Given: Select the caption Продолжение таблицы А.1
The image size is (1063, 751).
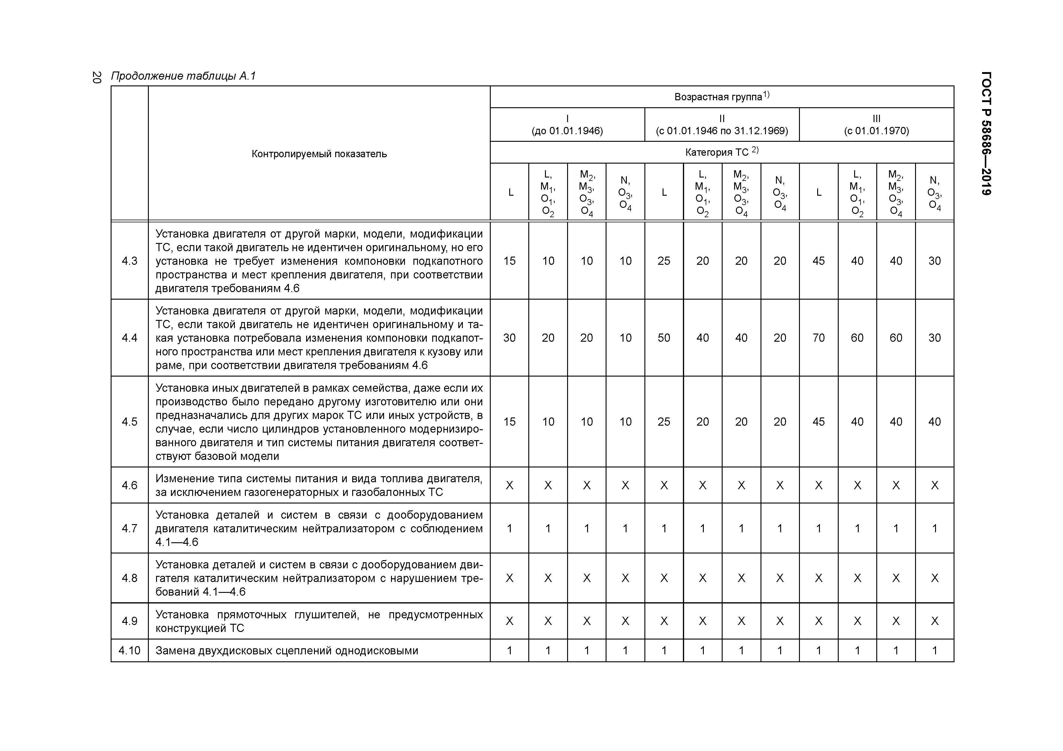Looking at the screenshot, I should coord(183,76).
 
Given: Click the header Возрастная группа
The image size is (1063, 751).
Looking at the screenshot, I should coord(721,97).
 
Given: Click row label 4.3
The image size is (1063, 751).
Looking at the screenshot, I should coord(130,261).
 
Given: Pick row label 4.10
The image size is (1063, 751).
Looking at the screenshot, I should coord(130,651).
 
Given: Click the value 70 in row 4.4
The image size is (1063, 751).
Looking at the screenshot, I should coord(819,338).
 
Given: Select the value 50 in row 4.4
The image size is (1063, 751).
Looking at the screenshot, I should coord(664,338).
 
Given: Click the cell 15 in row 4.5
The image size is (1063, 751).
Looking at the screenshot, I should coord(509,421).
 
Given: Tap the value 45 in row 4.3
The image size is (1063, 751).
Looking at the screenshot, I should coord(819,261).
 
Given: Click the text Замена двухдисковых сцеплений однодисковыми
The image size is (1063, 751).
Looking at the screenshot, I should coord(286,651).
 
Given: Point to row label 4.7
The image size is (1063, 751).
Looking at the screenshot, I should coord(130,528).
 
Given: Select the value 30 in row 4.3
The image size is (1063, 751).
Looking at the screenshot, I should coord(934,261).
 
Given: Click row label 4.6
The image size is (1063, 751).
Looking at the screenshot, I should coord(130,485).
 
